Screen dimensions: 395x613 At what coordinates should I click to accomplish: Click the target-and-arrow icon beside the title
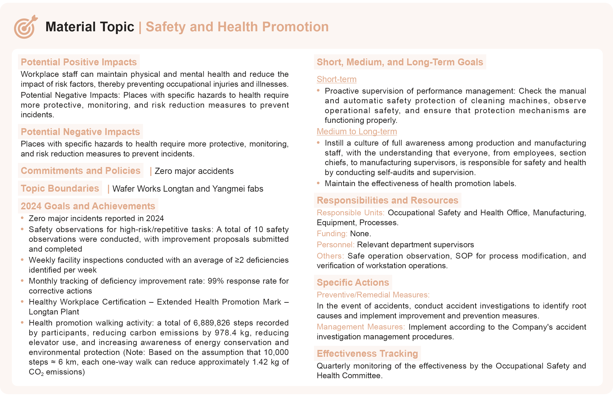coord(25,27)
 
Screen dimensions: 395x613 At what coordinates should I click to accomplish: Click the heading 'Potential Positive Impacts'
coord(79,62)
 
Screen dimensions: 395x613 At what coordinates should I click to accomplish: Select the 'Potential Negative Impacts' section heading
coord(80,132)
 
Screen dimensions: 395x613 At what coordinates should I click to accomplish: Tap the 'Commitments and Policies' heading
coord(81,170)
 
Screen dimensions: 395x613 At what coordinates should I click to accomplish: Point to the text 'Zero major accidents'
coord(194,171)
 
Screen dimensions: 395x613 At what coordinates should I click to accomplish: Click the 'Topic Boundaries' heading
coord(60,188)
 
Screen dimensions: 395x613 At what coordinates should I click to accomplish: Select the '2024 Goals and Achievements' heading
coord(88,206)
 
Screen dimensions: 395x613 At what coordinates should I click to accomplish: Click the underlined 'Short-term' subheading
coord(336,79)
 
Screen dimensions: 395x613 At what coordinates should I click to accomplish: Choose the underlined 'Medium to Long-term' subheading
coord(357,131)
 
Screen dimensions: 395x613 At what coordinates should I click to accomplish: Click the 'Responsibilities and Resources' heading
coord(387,200)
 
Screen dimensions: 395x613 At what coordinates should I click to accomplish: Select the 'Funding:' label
coord(332,234)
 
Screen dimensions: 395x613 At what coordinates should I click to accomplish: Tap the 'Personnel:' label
coord(335,245)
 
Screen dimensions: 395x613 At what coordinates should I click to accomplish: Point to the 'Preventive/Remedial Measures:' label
coord(373,295)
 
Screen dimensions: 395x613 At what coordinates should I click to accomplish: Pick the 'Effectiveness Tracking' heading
coord(367,353)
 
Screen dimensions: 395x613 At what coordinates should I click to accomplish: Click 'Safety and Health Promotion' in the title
coord(237,27)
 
